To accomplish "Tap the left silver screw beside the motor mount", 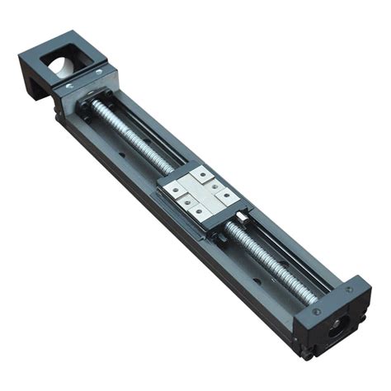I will (70, 85).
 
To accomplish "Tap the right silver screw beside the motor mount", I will (98, 73).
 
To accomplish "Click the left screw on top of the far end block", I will (317, 311).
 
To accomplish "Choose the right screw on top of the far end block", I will (349, 290).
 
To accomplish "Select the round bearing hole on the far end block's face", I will (339, 329).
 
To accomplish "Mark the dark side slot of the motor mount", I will (37, 82).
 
